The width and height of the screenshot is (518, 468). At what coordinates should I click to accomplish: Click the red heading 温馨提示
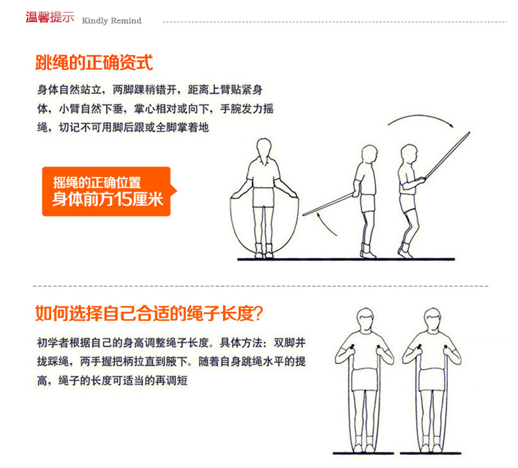[50, 17]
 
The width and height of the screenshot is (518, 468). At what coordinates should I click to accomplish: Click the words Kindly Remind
[111, 21]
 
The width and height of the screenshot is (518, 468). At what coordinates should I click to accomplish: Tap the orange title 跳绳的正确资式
[94, 62]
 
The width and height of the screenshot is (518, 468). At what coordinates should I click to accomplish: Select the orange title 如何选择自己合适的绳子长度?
[149, 313]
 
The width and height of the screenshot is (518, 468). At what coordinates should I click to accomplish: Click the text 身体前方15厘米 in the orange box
[108, 199]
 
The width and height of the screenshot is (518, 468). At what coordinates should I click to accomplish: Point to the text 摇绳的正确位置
[97, 182]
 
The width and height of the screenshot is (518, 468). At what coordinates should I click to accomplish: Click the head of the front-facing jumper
[264, 147]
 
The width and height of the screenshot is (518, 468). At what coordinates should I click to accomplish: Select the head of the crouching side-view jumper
[409, 154]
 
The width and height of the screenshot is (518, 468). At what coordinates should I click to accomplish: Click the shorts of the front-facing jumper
[264, 197]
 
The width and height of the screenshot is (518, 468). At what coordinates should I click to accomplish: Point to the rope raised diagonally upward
[447, 156]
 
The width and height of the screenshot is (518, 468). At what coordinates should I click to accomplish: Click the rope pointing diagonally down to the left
[329, 204]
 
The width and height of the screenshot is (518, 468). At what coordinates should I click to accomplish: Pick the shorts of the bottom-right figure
[432, 380]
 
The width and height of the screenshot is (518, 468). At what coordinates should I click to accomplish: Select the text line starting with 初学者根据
[171, 343]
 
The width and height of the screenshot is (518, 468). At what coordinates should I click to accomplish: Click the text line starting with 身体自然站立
[150, 90]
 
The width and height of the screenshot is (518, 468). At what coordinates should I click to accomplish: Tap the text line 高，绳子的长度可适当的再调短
[112, 380]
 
